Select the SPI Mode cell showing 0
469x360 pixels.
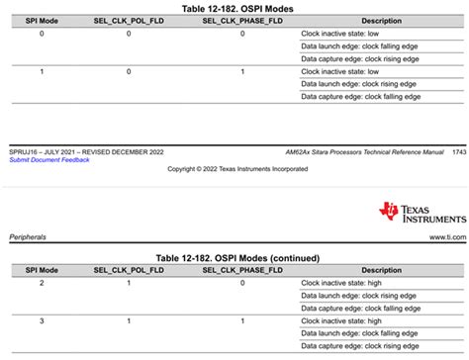(41, 34)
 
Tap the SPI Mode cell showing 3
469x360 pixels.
(41, 321)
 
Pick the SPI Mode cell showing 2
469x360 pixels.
(41, 283)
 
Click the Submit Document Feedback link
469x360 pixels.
(48, 159)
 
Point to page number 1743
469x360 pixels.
(458, 151)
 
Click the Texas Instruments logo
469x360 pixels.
(420, 213)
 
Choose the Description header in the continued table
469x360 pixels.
(381, 270)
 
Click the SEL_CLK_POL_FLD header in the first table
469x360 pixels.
(129, 21)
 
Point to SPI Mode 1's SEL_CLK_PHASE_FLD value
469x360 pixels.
(242, 72)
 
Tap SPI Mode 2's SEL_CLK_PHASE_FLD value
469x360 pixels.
(242, 283)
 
